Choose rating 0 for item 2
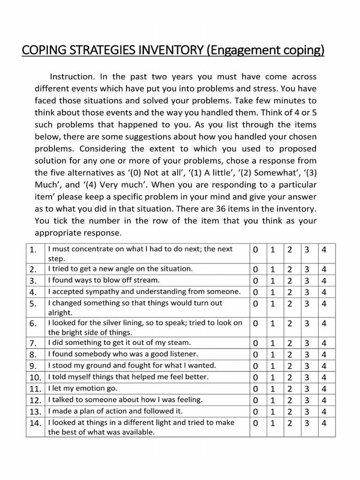click(x=255, y=270)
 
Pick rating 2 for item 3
click(x=290, y=281)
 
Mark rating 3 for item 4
click(x=307, y=292)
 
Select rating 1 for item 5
click(x=272, y=304)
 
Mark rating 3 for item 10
click(x=307, y=377)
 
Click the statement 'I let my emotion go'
click(x=82, y=388)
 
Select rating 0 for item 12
click(x=255, y=400)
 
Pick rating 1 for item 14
click(x=272, y=423)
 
